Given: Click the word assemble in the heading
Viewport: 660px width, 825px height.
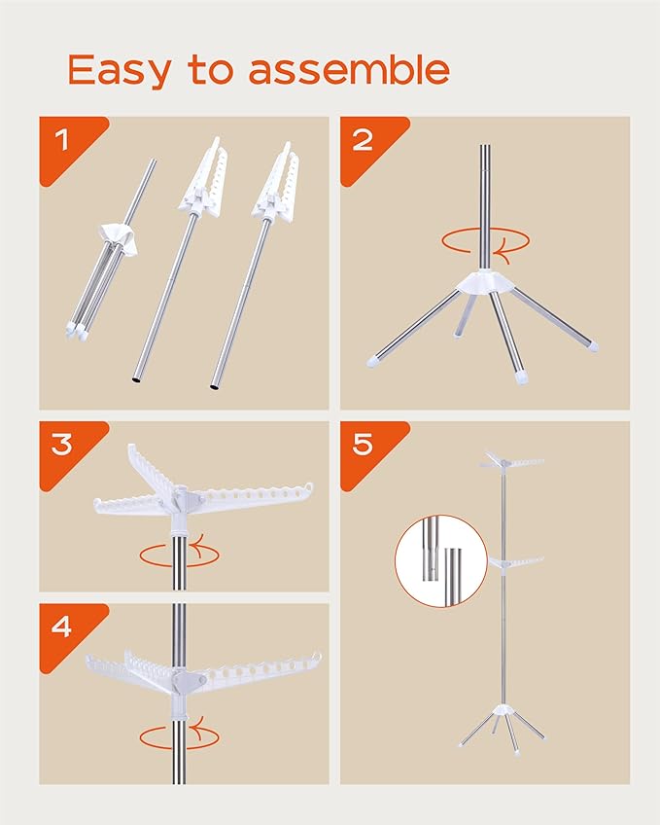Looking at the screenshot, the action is tap(349, 69).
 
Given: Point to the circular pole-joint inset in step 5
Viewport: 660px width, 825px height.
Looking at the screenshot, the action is tap(441, 561).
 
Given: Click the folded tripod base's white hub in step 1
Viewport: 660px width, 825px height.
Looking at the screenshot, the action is tap(120, 235).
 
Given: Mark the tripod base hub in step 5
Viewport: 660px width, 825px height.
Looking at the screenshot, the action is tap(503, 708).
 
